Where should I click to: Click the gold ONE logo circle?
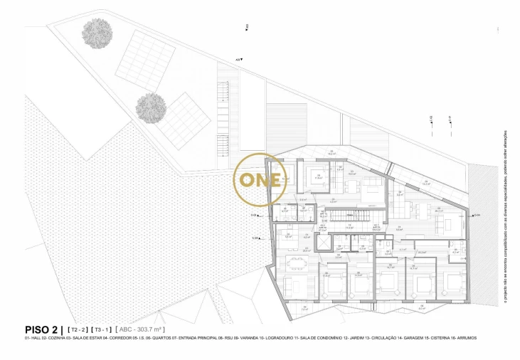tap(261, 179)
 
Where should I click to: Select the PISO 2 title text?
tap(42, 329)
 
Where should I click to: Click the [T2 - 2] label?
tap(76, 330)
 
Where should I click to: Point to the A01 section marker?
tap(239, 60)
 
